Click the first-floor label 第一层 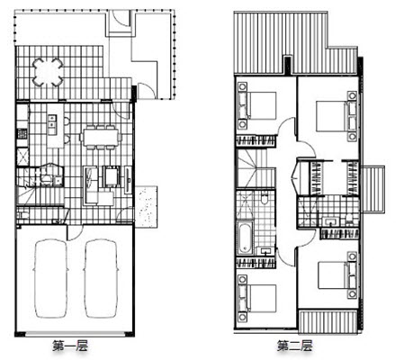tap(70, 346)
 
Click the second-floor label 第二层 tap(294, 346)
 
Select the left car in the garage tap(50, 278)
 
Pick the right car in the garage tap(101, 278)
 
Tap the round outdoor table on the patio tap(48, 72)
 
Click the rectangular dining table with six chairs tap(101, 137)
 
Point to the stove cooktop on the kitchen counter tap(22, 133)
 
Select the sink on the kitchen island tap(52, 121)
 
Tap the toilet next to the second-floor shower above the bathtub tap(265, 198)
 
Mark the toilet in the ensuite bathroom tap(349, 220)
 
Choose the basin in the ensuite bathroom tap(330, 221)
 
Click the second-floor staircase tap(256, 168)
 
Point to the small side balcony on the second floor tap(373, 189)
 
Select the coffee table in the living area tap(112, 176)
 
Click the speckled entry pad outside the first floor tap(146, 207)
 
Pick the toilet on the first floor tap(22, 215)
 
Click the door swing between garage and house tap(75, 232)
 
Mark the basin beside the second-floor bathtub tap(265, 251)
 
